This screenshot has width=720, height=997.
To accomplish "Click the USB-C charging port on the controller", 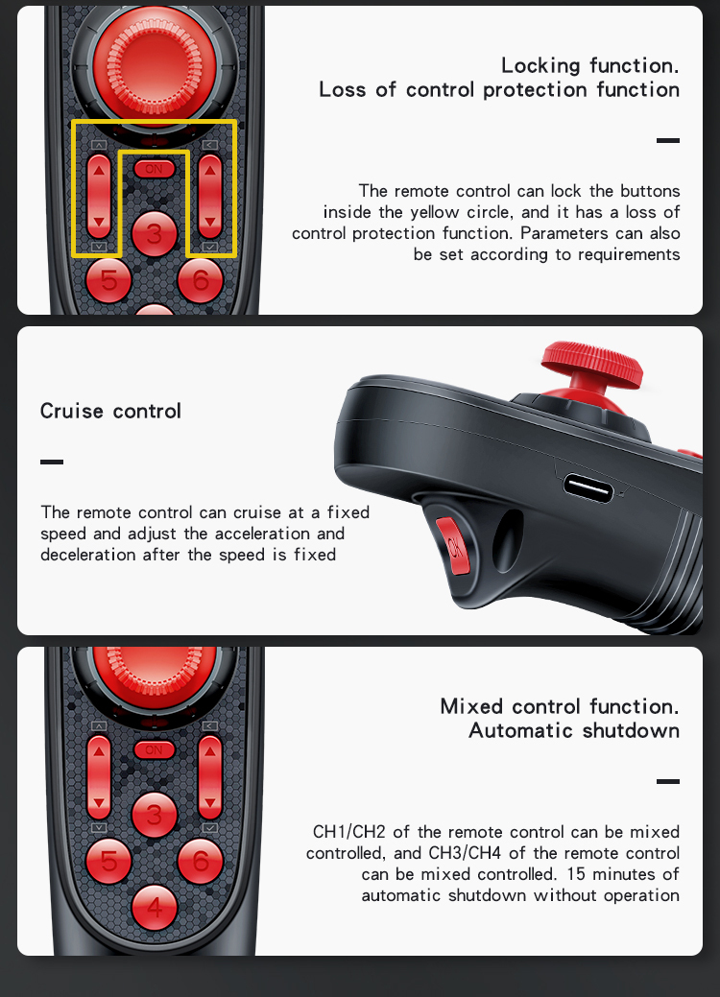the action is coord(588,489).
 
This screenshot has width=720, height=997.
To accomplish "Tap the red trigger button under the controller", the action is coord(453,545).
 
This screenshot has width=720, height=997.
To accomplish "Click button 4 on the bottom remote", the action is coord(154,908).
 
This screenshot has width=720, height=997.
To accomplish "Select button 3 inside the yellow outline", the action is coord(154,234).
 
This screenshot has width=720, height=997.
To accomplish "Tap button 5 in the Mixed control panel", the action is coord(108,861).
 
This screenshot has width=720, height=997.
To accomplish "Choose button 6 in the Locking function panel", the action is coord(201,280).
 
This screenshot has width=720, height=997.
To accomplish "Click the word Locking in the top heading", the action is coord(540,66).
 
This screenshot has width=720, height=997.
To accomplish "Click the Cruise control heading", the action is coord(110,411).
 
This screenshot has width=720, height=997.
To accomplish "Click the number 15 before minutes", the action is coord(576,873).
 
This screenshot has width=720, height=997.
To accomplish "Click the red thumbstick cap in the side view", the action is coord(591,364).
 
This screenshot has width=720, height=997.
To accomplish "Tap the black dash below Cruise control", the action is coord(52,462).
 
